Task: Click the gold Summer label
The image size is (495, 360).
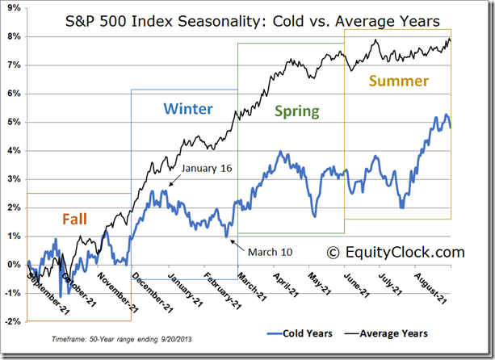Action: pyautogui.click(x=398, y=80)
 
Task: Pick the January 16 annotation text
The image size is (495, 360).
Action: pyautogui.click(x=208, y=168)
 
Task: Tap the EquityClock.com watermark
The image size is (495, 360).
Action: pyautogui.click(x=396, y=253)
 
